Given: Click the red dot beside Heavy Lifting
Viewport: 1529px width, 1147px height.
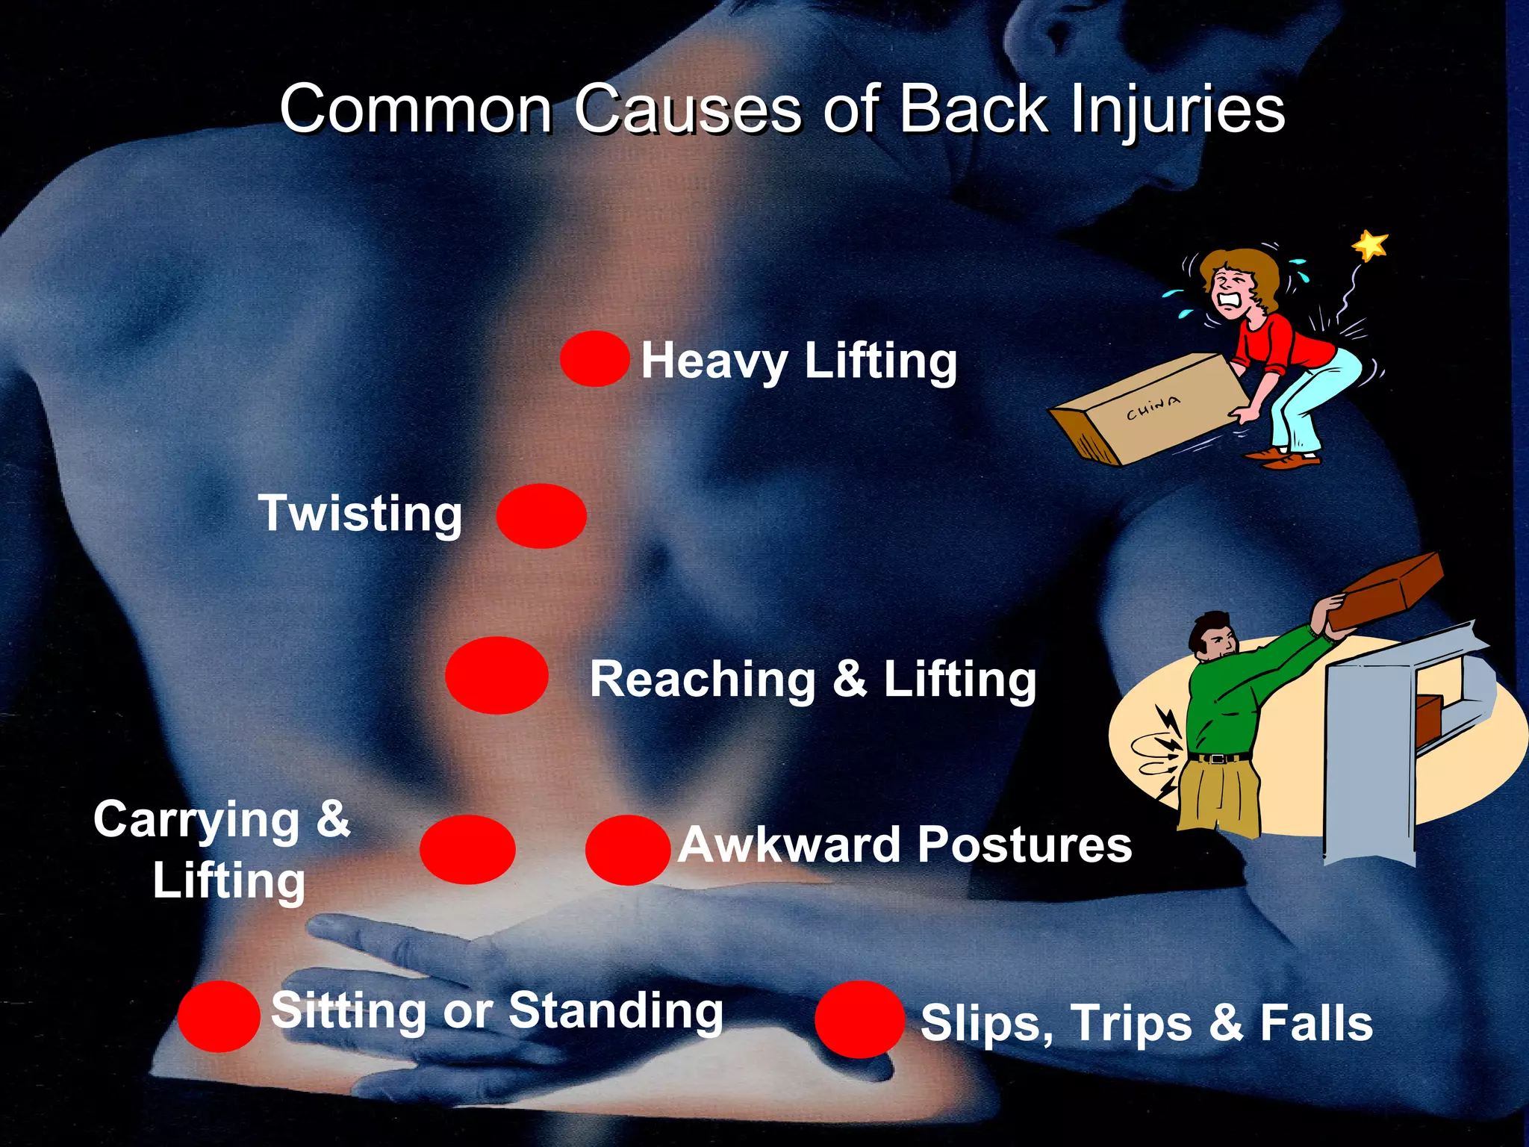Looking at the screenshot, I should [x=594, y=359].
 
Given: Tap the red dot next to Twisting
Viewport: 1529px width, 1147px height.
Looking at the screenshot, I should [x=541, y=515].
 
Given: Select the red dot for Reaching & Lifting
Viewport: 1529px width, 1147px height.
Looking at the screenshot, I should [x=496, y=675].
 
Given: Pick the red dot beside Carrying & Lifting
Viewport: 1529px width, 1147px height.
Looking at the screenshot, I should [x=467, y=850].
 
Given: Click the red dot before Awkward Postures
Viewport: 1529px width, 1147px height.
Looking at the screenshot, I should [x=627, y=850].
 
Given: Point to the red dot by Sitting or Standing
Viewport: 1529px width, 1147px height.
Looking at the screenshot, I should [x=219, y=1016].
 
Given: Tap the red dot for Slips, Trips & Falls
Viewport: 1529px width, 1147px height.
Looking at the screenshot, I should [x=859, y=1019].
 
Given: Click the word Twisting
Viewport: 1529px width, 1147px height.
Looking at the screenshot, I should [x=361, y=514].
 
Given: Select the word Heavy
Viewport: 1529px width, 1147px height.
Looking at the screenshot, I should [x=714, y=362].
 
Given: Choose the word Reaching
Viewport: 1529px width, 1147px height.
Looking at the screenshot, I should [x=703, y=680].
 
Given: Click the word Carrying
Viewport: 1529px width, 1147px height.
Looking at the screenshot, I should [x=196, y=820].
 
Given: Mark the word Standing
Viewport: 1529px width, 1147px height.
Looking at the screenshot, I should [x=616, y=1011].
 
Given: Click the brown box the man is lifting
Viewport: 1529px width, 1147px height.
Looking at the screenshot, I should [x=1387, y=590].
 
